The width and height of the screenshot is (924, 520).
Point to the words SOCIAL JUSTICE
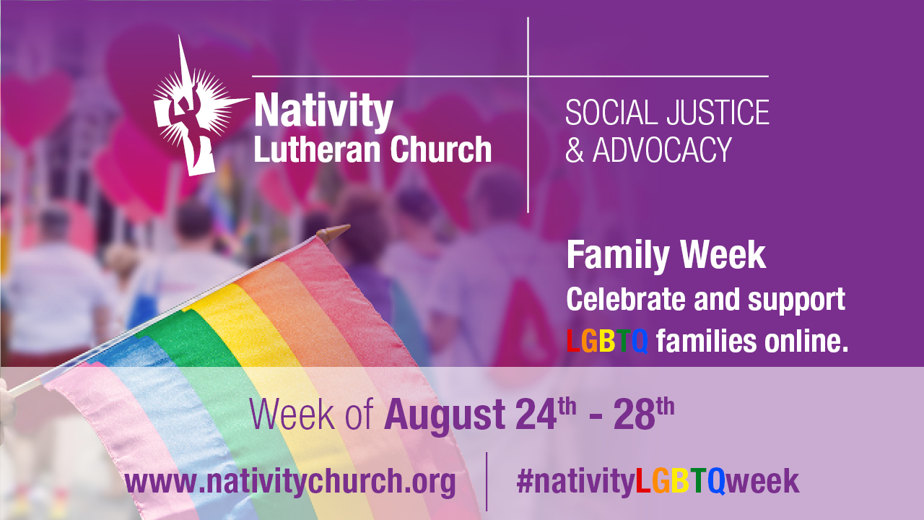(x=667, y=113)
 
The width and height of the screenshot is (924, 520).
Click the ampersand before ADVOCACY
(x=575, y=150)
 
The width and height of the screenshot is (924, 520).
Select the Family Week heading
(x=666, y=256)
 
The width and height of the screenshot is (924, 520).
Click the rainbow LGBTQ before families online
(x=606, y=341)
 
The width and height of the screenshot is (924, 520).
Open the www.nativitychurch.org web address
(x=290, y=482)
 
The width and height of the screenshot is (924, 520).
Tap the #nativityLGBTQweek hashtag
(x=657, y=482)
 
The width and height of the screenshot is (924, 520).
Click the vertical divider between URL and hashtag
(x=487, y=481)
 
